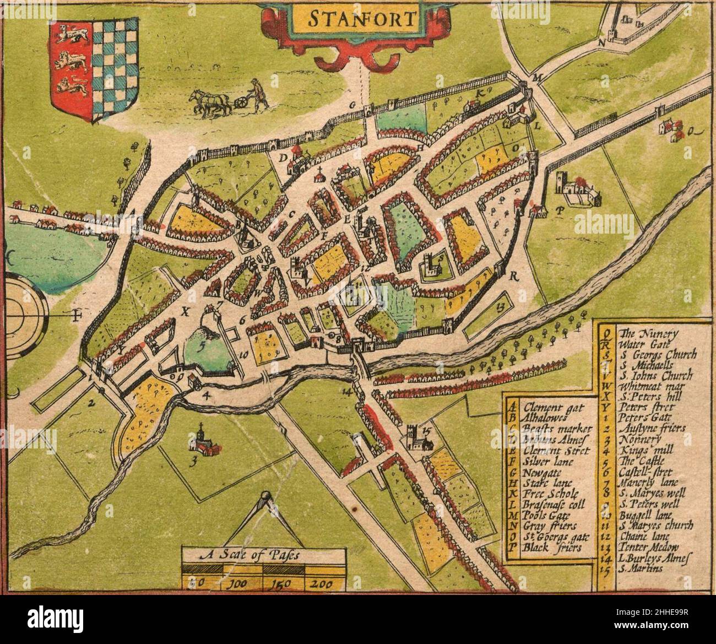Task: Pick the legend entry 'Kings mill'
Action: pyautogui.click(x=639, y=450)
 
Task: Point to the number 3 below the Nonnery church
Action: pyautogui.click(x=192, y=462)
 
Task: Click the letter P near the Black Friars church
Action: pyautogui.click(x=561, y=210)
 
